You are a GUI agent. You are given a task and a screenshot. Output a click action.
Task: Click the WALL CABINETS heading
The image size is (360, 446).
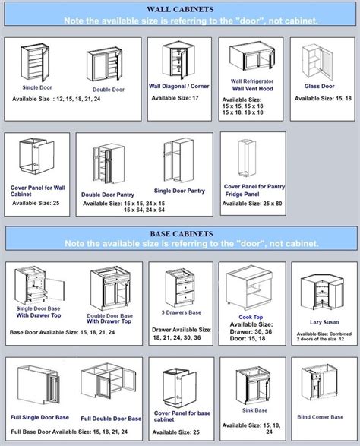(x=179, y=8)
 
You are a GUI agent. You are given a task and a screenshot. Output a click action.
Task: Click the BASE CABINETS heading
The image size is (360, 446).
(x=179, y=233)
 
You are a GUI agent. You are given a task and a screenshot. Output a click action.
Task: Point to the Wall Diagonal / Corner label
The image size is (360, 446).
(x=181, y=86)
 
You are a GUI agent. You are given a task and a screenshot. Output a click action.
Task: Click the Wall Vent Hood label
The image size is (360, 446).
(x=254, y=89)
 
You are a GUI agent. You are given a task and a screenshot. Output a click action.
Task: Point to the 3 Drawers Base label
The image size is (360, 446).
(x=180, y=312)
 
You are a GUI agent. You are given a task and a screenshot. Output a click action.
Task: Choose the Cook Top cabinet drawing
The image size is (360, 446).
(x=253, y=289)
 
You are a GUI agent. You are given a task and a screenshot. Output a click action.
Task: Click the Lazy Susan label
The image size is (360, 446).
(x=323, y=321)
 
